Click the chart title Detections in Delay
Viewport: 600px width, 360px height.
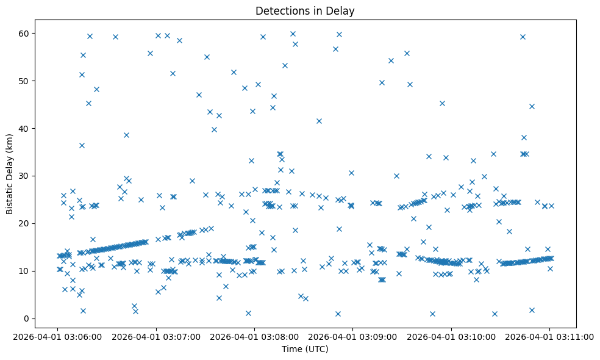point(305,11)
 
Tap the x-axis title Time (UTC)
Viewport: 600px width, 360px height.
point(305,349)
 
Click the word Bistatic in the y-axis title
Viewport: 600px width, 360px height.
point(10,195)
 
